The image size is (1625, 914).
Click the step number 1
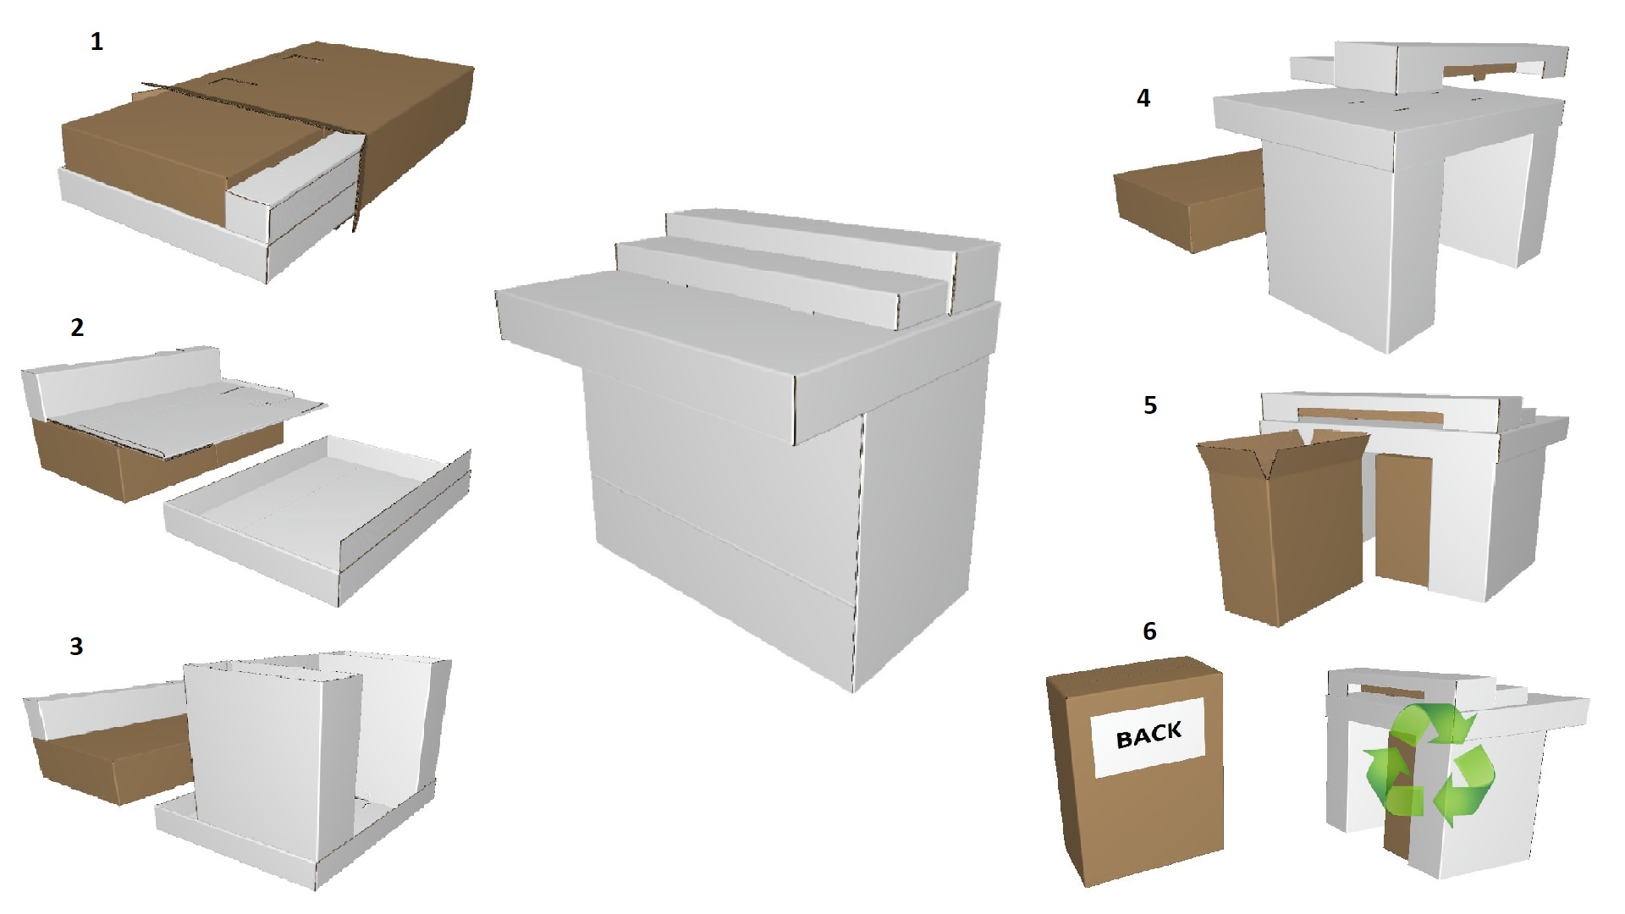click(96, 41)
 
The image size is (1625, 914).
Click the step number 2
click(77, 328)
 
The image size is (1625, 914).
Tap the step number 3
click(76, 647)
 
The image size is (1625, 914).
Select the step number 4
click(1143, 98)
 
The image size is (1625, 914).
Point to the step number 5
click(1149, 405)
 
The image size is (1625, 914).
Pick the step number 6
click(1149, 631)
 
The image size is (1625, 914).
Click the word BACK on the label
click(1149, 735)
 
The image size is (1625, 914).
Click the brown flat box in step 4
click(1185, 199)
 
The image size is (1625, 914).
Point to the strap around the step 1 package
click(359, 169)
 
